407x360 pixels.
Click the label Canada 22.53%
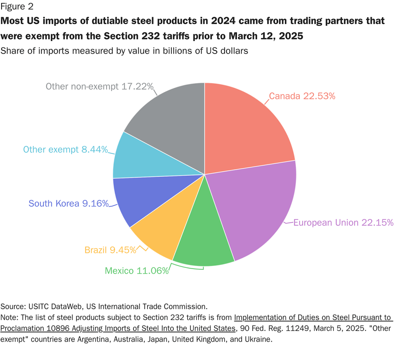[302, 96]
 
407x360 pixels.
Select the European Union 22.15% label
[343, 223]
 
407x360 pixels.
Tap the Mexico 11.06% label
[137, 271]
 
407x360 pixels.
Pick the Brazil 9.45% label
[110, 250]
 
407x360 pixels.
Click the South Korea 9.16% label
[68, 204]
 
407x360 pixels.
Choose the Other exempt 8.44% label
[66, 150]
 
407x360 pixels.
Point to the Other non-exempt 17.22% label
[99, 86]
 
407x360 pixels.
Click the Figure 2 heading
[17, 6]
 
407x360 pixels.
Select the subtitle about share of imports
[124, 51]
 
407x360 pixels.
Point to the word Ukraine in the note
[258, 340]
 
